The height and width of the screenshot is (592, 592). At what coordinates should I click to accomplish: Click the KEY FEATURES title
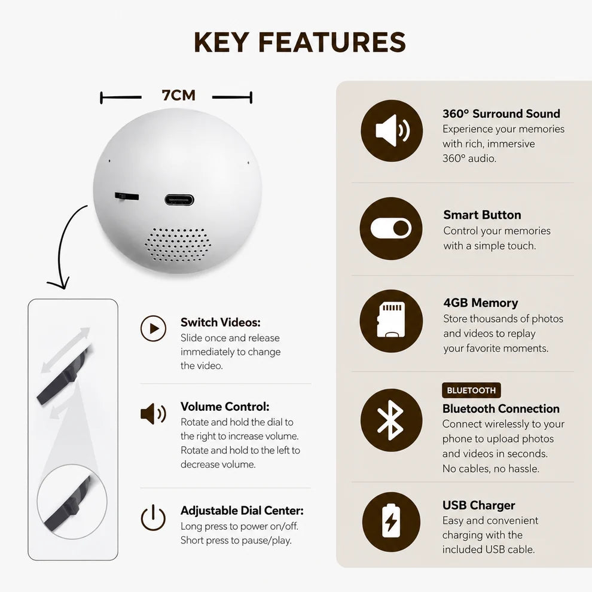300,42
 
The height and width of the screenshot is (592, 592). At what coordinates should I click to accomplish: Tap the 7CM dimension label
179,96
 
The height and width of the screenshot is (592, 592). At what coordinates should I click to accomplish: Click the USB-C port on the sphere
179,199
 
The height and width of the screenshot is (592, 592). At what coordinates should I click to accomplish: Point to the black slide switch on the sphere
127,196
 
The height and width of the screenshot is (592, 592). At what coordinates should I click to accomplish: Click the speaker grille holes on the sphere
178,245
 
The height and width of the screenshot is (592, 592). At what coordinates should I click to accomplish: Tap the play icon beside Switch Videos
153,328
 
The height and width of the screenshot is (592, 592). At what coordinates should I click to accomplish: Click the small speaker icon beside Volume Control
153,414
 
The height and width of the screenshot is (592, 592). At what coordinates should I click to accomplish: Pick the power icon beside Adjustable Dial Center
153,518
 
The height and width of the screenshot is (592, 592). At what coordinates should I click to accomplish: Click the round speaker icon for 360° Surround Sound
392,130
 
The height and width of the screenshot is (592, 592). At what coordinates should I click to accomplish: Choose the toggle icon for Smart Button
390,228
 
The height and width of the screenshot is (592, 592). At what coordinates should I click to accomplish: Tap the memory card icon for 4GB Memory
390,321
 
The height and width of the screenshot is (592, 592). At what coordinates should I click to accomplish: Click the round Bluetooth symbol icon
391,420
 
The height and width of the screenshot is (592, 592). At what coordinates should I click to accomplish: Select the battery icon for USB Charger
391,521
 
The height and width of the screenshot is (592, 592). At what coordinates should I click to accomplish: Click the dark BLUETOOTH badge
471,390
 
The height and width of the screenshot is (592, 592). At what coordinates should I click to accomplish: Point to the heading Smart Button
482,215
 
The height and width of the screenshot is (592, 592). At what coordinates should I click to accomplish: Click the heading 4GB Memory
481,303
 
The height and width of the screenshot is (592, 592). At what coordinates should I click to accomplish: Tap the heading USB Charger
479,505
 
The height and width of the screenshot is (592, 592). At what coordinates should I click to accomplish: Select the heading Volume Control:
225,407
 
